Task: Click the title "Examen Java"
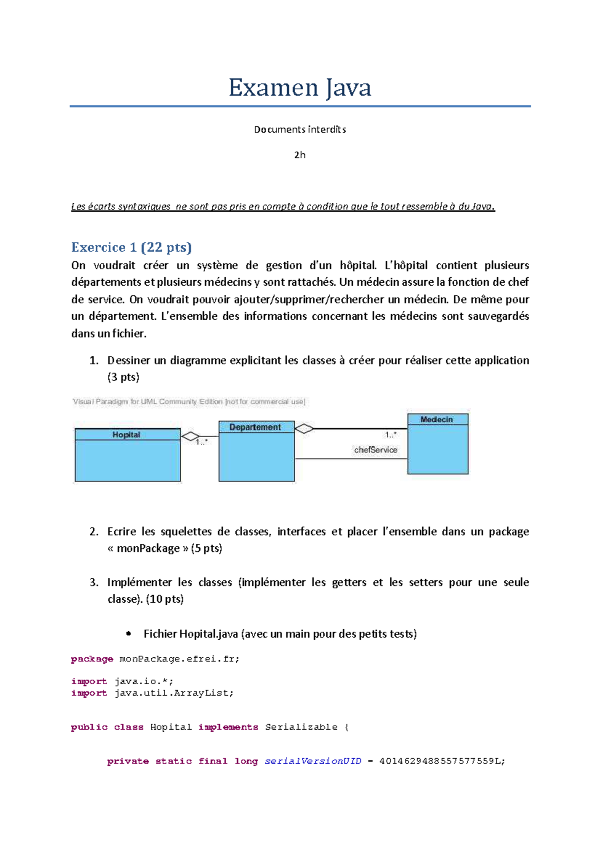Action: click(x=299, y=88)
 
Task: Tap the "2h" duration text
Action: click(x=299, y=155)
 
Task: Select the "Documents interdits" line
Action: click(x=299, y=129)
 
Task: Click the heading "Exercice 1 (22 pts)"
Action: click(x=131, y=247)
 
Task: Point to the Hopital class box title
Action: click(x=126, y=434)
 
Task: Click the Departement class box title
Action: click(x=255, y=427)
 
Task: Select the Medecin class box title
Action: click(x=436, y=420)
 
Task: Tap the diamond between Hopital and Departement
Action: click(x=190, y=436)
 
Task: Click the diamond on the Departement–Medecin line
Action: click(x=304, y=428)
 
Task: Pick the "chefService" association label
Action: click(x=375, y=449)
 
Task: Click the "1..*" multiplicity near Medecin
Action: click(x=391, y=435)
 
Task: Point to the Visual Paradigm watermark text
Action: click(x=188, y=402)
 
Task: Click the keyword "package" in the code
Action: click(x=92, y=659)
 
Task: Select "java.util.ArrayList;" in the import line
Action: click(x=173, y=693)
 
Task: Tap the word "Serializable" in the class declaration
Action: click(x=301, y=727)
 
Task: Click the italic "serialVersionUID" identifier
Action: click(x=312, y=761)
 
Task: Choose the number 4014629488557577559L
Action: click(x=442, y=761)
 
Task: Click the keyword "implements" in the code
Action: click(x=228, y=727)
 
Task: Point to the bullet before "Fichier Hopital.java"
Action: click(x=128, y=633)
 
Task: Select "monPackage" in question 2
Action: click(x=148, y=548)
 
